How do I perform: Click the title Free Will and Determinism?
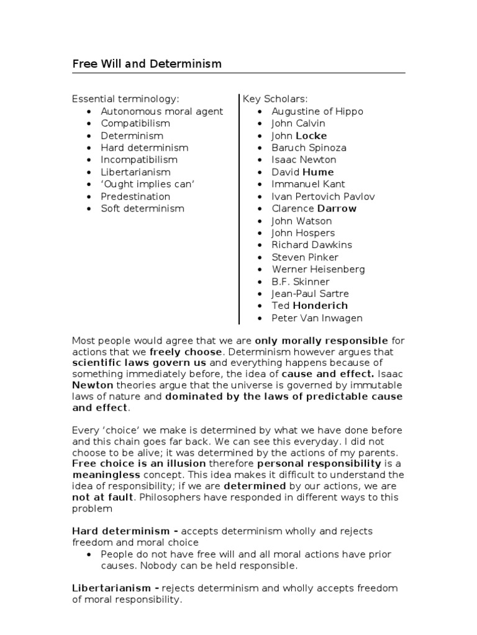click(x=147, y=64)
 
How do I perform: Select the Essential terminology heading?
click(x=125, y=99)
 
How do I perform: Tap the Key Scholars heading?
click(x=275, y=99)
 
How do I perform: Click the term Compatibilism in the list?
click(x=135, y=123)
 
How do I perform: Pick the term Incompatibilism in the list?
click(x=140, y=160)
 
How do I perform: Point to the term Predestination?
click(x=135, y=197)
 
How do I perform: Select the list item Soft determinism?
click(x=143, y=208)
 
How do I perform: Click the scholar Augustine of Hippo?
click(x=317, y=112)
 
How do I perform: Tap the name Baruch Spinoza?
click(x=309, y=148)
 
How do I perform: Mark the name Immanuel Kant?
click(x=308, y=184)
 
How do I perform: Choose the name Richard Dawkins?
click(x=312, y=245)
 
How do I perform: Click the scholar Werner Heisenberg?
click(x=318, y=269)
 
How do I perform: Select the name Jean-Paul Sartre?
click(x=310, y=293)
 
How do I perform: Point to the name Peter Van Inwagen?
click(x=317, y=318)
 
